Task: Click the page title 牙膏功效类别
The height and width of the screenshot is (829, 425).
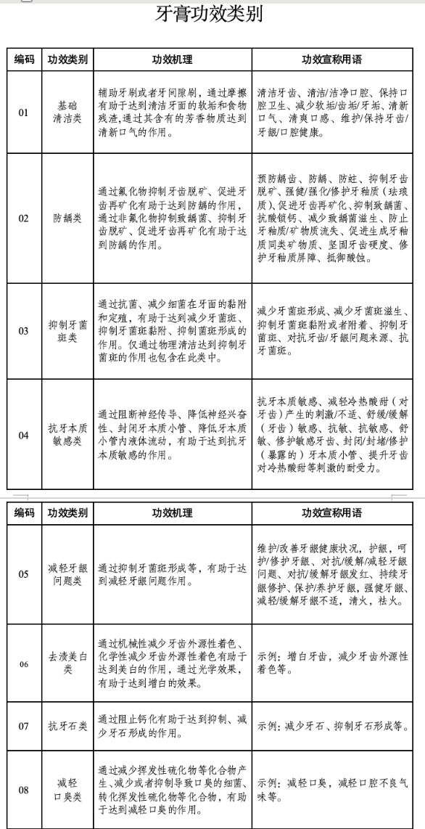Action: coord(210,15)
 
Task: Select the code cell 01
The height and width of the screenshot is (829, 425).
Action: coord(24,113)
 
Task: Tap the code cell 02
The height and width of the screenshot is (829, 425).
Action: coord(24,218)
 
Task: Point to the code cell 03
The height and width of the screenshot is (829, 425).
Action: coord(24,331)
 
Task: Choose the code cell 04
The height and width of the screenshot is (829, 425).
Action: coord(24,435)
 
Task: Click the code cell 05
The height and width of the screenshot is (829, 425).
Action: coord(24,574)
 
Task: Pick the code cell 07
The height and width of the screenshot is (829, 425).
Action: coord(24,725)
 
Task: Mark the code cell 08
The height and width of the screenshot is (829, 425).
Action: coord(24,790)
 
